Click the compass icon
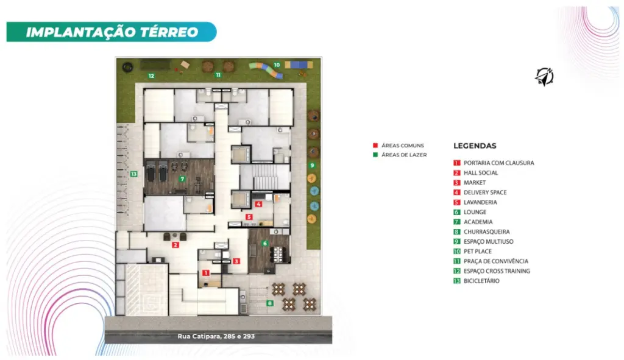(x=544, y=76)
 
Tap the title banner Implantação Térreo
(x=112, y=32)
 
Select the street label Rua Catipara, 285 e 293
(x=216, y=336)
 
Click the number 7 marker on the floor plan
(x=182, y=179)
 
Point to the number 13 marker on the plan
(x=133, y=174)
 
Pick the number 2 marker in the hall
(x=175, y=245)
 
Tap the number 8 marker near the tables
(x=270, y=303)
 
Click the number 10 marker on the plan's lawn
(x=277, y=65)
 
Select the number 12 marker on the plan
(x=151, y=76)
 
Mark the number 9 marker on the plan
(x=312, y=165)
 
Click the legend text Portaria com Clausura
(x=498, y=163)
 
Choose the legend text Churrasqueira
(x=486, y=231)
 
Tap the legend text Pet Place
(x=478, y=252)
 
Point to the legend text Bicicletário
(x=481, y=281)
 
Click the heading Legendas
(x=475, y=146)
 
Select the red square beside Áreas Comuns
(x=375, y=146)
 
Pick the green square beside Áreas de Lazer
(x=375, y=155)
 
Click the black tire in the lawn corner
(x=127, y=67)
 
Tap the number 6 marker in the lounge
(x=265, y=244)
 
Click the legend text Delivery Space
(x=485, y=192)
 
